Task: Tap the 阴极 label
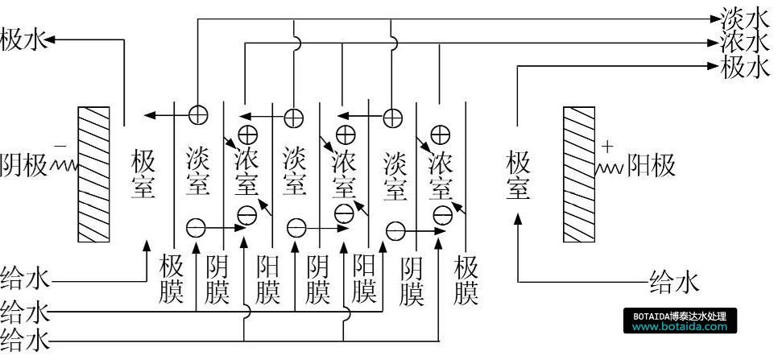coord(25,164)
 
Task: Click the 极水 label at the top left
coord(25,39)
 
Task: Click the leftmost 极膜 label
coord(172,279)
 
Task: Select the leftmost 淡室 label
coord(197,170)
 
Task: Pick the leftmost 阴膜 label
coord(218,279)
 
